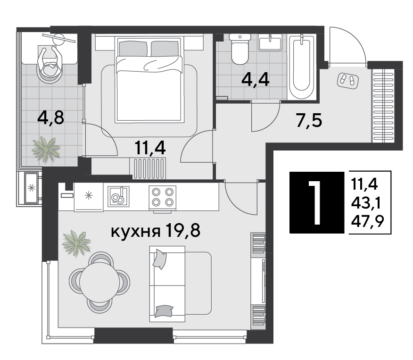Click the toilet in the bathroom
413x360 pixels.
(240, 50)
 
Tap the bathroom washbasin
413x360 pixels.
(270, 42)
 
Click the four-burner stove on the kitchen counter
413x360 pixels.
(162, 197)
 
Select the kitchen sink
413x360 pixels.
(118, 196)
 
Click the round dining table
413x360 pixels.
(99, 281)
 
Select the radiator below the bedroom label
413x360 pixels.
(148, 168)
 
